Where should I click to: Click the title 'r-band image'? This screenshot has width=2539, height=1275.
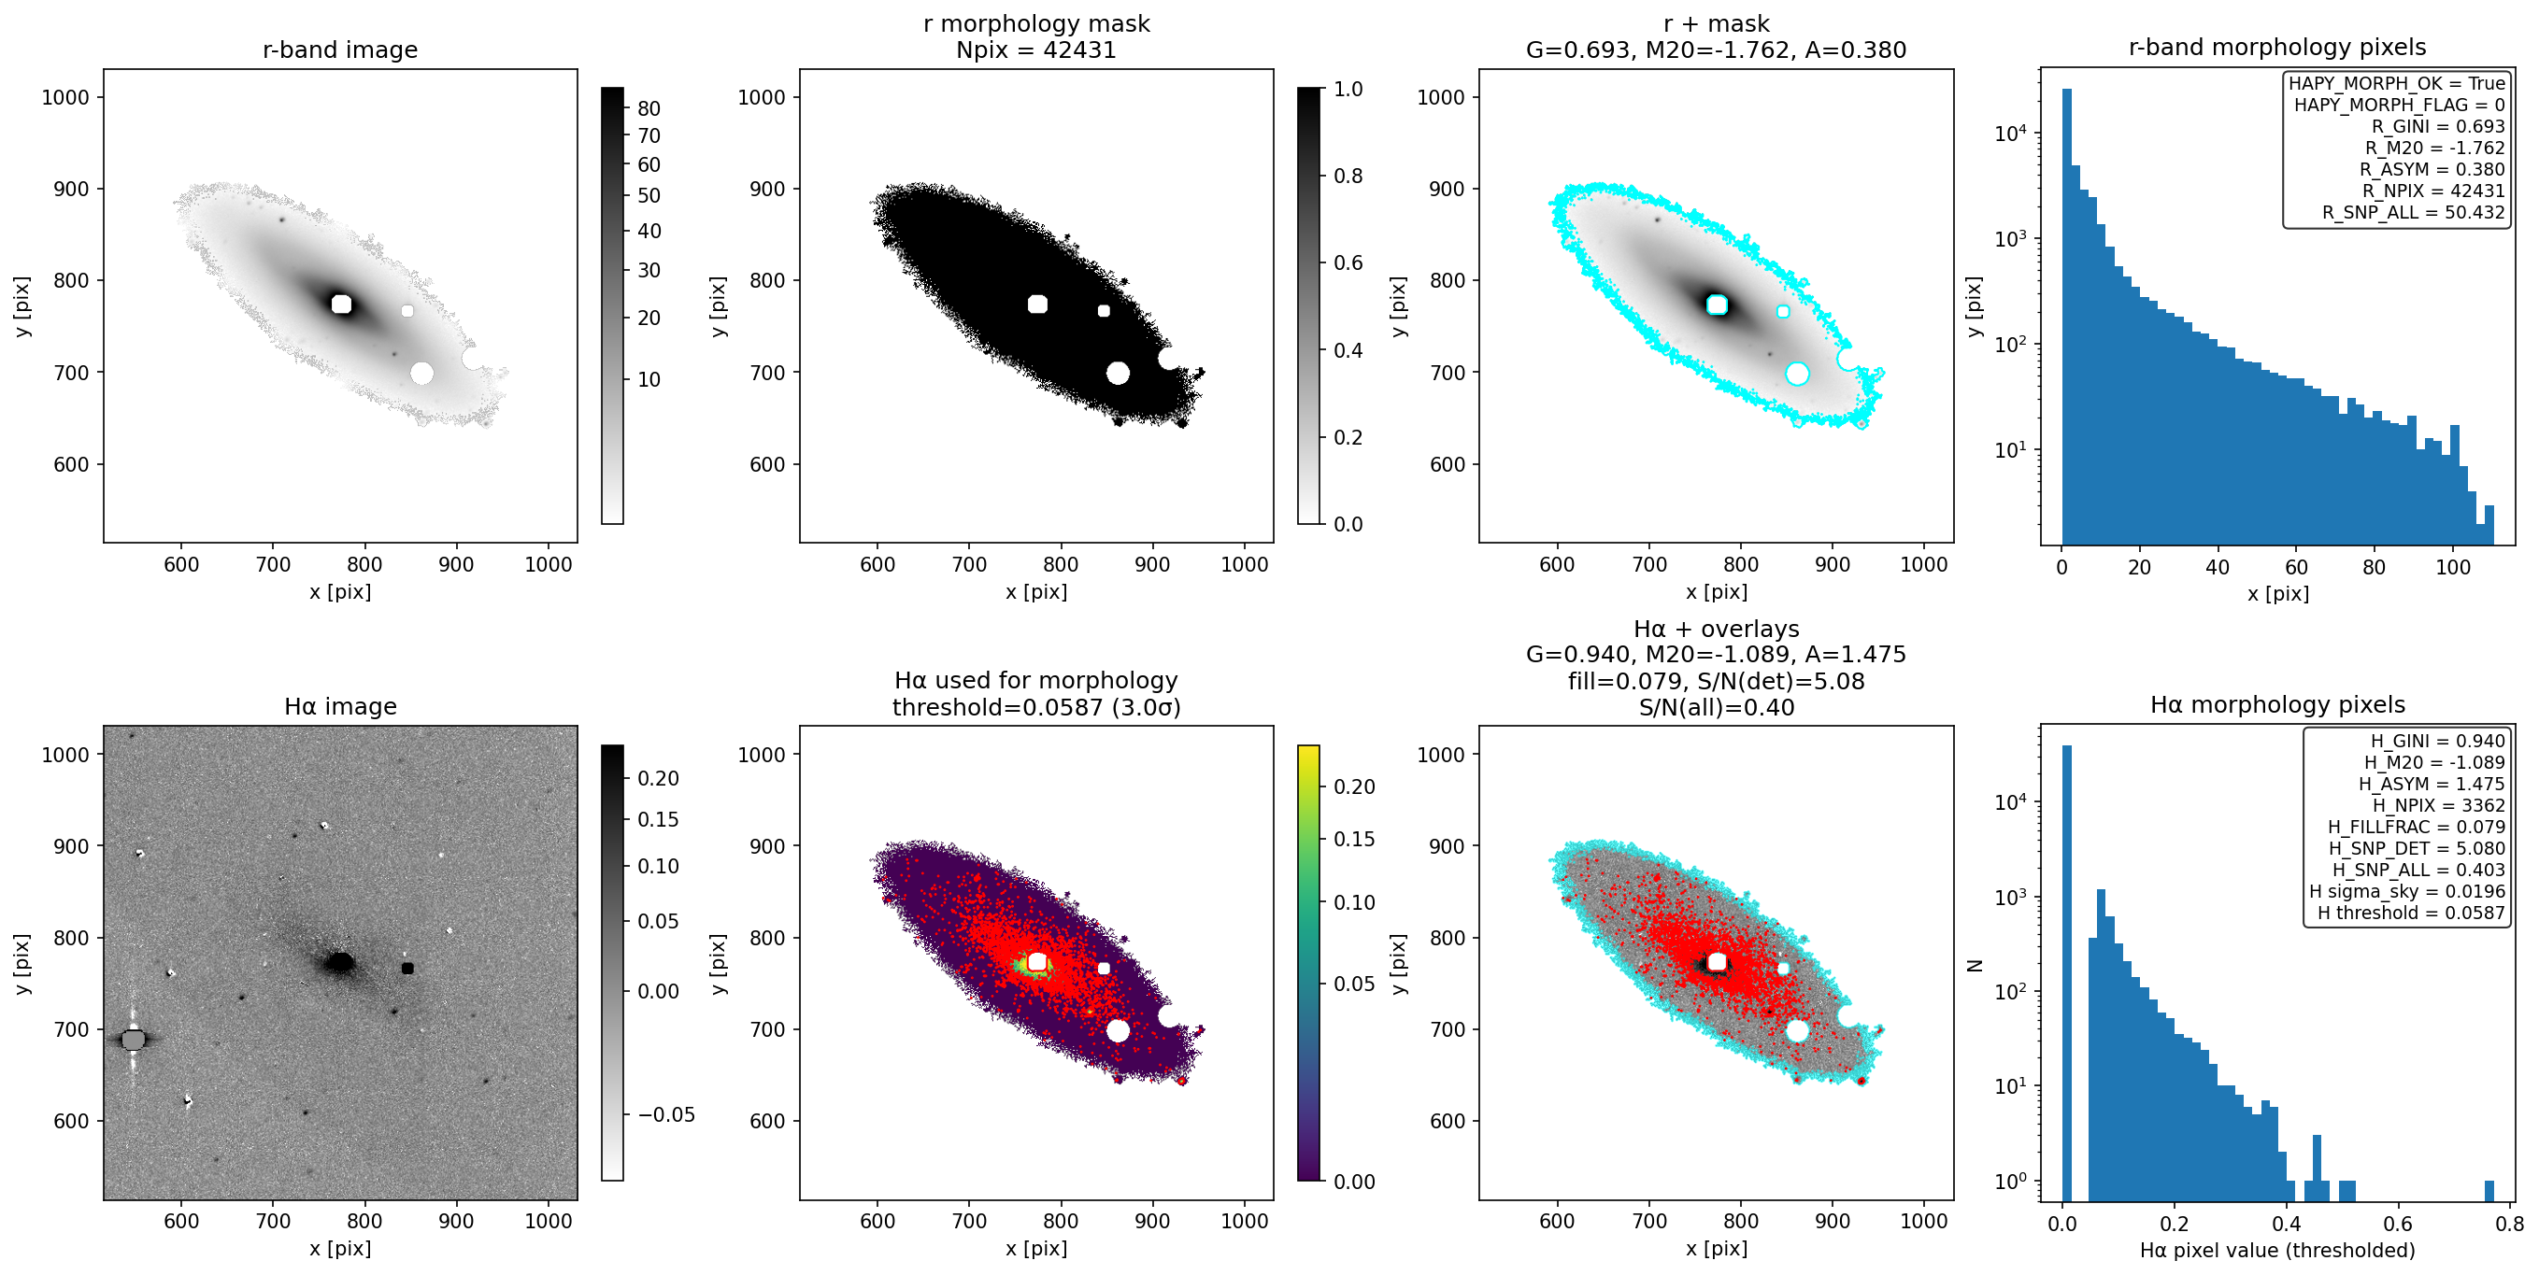pyautogui.click(x=340, y=50)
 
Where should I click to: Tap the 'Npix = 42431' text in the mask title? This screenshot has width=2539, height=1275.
pyautogui.click(x=1036, y=50)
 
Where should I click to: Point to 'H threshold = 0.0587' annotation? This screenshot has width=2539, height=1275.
pyautogui.click(x=2411, y=913)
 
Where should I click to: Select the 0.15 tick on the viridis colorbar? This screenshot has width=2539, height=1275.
pyautogui.click(x=1353, y=839)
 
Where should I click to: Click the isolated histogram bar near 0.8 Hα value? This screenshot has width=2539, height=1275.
pyautogui.click(x=2489, y=1191)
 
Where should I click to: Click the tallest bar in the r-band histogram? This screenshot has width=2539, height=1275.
pyautogui.click(x=2067, y=317)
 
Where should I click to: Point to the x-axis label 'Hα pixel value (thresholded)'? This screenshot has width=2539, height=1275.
pyautogui.click(x=2276, y=1251)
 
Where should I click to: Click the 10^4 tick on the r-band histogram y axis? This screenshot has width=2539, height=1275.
pyautogui.click(x=2012, y=133)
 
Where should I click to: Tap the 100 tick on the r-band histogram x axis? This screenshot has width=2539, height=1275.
pyautogui.click(x=2452, y=568)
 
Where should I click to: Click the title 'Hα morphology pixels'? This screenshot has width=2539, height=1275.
pyautogui.click(x=2276, y=704)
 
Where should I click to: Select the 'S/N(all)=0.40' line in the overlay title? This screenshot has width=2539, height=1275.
pyautogui.click(x=1716, y=707)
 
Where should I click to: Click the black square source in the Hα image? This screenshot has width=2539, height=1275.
pyautogui.click(x=408, y=969)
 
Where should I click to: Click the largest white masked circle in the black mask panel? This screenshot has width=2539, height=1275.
pyautogui.click(x=1118, y=373)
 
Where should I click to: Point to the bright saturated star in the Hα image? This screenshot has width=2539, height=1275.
pyautogui.click(x=133, y=1040)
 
